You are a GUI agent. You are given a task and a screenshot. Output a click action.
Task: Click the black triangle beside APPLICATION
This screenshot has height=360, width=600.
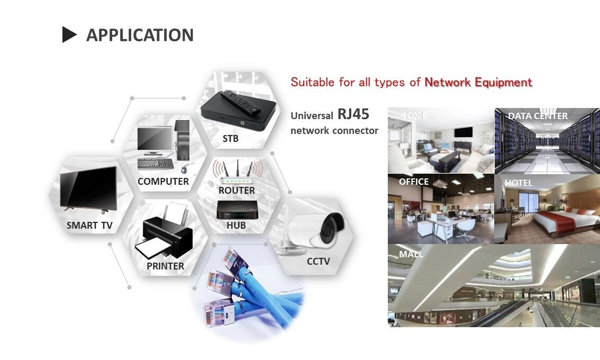[x=69, y=35]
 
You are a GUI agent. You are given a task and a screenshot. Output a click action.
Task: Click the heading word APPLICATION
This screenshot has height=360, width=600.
[x=140, y=35]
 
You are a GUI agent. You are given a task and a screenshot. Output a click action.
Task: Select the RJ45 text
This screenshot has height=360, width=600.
[x=353, y=114]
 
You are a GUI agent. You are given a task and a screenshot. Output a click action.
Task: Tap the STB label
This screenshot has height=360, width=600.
[x=230, y=139]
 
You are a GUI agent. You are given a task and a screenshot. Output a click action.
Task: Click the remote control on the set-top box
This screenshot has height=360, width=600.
[x=242, y=102]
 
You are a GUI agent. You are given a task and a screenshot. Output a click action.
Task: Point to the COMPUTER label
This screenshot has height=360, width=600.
[x=163, y=182]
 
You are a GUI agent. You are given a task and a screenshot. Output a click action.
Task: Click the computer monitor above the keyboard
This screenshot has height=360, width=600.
[x=154, y=139]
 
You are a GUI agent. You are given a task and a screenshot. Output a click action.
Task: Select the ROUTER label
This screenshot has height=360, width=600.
[x=237, y=190]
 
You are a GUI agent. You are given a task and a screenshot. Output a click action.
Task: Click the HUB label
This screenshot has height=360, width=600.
[x=236, y=226]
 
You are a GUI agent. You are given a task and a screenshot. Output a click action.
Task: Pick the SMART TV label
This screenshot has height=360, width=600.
[x=89, y=226]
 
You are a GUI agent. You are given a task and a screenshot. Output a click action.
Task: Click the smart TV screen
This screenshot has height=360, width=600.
[x=88, y=187]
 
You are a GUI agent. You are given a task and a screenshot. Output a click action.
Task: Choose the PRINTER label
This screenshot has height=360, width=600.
[x=165, y=266]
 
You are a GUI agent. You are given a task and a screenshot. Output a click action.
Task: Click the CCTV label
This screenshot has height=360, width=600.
[x=318, y=261]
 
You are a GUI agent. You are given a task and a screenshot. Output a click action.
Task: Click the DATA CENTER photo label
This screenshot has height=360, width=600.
[x=538, y=116]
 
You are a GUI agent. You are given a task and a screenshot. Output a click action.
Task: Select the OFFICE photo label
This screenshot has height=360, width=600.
[x=414, y=182]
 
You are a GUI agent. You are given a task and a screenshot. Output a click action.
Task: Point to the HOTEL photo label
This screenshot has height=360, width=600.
[x=519, y=183]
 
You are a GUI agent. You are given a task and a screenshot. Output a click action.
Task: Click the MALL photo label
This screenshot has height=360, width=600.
[x=411, y=254]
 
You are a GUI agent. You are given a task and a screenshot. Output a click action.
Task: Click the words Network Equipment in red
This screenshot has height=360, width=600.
[x=478, y=83]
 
